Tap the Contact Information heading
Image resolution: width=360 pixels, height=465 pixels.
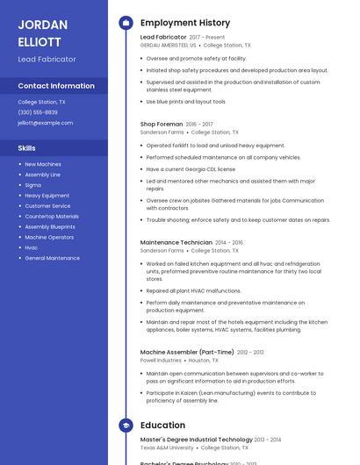(56, 86)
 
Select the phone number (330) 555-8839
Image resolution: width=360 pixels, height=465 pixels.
(38, 112)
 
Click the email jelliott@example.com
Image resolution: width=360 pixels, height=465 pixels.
(45, 123)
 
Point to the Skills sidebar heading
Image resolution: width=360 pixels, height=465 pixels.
(26, 148)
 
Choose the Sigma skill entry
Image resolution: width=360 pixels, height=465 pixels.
(32, 185)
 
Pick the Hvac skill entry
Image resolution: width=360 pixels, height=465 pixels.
(32, 247)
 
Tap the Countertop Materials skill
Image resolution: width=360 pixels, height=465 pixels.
(51, 216)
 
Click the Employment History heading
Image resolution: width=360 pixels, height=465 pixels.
(185, 23)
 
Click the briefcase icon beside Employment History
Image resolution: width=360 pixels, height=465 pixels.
(126, 23)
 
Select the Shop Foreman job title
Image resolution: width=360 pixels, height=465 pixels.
(162, 125)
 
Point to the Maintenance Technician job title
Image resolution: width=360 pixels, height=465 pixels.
(176, 242)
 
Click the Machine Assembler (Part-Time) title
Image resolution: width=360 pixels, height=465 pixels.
(187, 352)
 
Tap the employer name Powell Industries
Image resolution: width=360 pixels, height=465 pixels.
(161, 360)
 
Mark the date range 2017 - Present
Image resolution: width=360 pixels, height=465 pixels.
(207, 38)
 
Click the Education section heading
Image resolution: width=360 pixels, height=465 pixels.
(162, 425)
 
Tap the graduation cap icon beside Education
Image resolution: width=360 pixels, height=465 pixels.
(126, 425)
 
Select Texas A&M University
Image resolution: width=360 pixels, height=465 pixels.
(167, 447)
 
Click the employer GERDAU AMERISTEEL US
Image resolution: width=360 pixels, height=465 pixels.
(168, 45)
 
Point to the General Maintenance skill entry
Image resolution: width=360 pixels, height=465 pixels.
(52, 258)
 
